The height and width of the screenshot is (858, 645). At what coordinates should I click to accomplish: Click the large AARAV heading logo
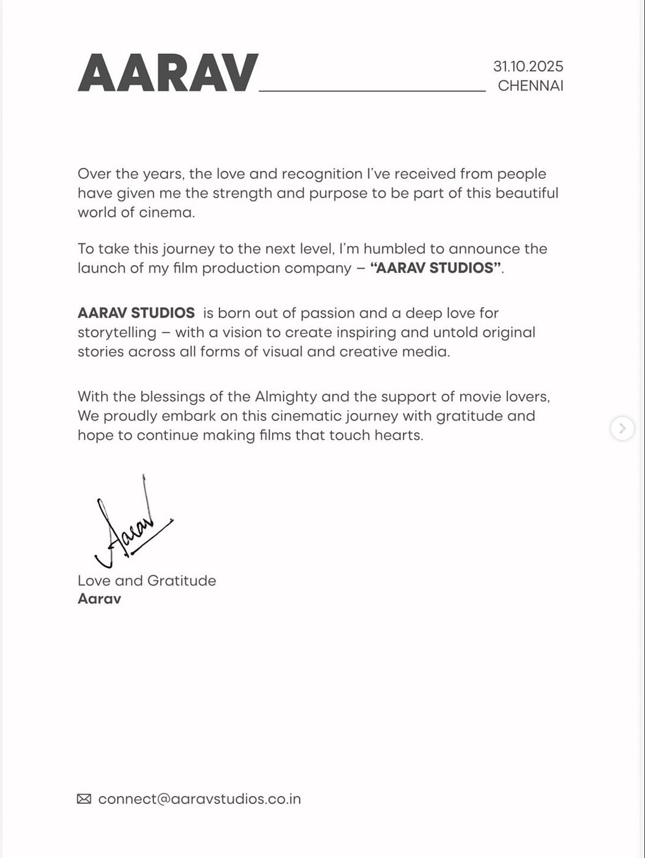click(168, 73)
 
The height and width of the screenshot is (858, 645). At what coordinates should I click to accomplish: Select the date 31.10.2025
click(528, 67)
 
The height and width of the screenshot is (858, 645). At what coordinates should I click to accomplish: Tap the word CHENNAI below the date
click(530, 86)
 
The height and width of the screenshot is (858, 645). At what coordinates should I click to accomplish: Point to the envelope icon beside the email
click(84, 799)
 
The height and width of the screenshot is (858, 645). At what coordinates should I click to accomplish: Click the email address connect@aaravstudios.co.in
click(199, 799)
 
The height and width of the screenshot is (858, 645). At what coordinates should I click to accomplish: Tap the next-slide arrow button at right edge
click(622, 428)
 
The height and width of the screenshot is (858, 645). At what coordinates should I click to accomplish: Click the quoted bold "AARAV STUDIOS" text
click(436, 268)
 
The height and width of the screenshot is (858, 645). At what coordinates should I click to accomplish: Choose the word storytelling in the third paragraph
click(117, 332)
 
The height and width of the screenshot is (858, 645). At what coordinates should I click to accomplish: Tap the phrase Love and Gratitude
click(147, 581)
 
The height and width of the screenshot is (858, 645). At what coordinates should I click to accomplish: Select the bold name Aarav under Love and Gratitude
click(99, 599)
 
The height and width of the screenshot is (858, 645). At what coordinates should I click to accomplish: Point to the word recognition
click(322, 174)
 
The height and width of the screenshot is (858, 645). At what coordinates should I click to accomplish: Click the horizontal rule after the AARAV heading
click(372, 91)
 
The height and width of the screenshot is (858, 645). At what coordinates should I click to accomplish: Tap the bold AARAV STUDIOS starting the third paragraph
click(136, 313)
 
